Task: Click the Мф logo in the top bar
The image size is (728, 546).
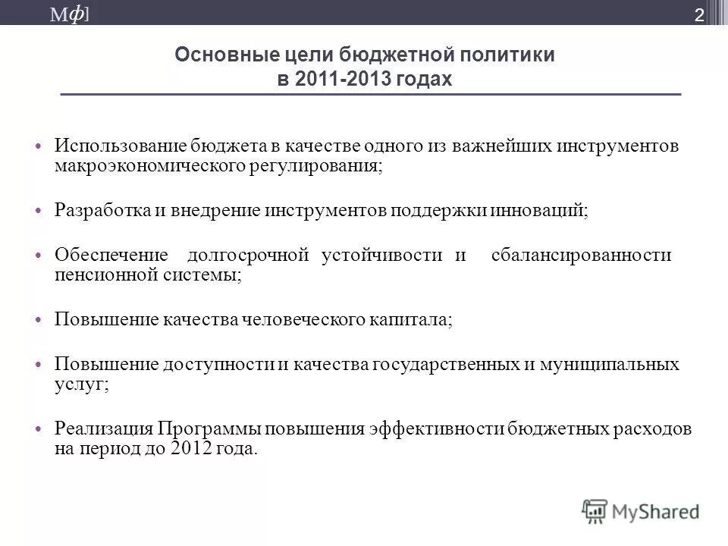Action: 77,14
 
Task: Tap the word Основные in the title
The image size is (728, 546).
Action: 212,55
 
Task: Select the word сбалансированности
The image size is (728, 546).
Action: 582,255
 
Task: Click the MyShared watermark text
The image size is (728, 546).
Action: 657,510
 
